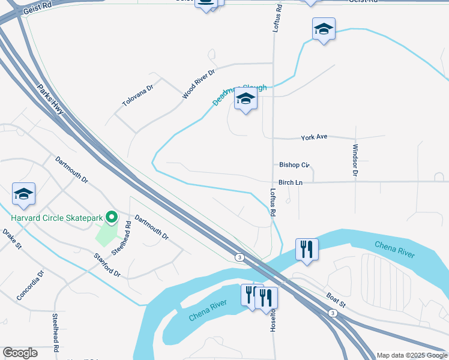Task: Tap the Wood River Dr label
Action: click(198, 83)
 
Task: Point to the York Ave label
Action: click(314, 137)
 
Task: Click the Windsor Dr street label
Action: click(355, 160)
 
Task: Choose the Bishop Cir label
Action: click(294, 164)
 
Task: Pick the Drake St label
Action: click(11, 238)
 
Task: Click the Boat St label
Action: click(336, 298)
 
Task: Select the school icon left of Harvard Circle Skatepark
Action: click(23, 193)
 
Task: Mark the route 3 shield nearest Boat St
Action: click(332, 313)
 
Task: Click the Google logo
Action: click(20, 353)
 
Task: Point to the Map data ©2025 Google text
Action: click(411, 355)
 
